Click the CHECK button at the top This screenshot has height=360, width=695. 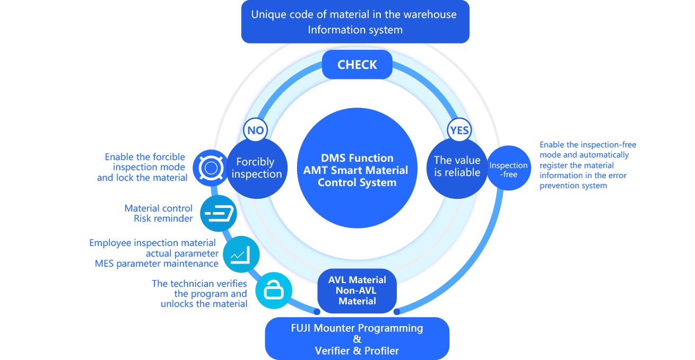[357, 65]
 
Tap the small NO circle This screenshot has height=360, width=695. [255, 130]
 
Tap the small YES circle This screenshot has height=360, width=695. [459, 130]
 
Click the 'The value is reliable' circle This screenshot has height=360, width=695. [457, 166]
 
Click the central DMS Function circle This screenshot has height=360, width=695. [357, 170]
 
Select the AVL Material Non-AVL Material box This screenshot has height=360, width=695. [357, 291]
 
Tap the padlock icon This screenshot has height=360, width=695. [274, 289]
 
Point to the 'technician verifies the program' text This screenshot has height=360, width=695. [199, 294]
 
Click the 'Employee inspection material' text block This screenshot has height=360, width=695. [154, 253]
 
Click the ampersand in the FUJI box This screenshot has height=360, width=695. [357, 339]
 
